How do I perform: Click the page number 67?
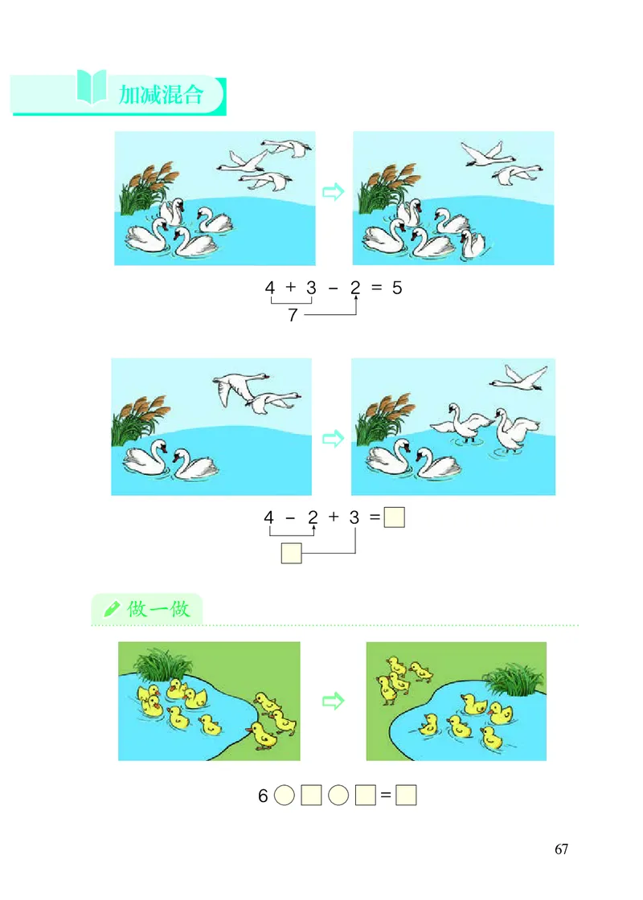(561, 849)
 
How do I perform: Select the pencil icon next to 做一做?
(111, 609)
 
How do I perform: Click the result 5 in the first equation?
(397, 287)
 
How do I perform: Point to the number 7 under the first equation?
(293, 316)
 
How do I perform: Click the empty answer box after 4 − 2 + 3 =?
(394, 518)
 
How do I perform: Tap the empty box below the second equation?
(292, 554)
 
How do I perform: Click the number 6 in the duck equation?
(263, 796)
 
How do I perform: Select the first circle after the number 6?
(285, 796)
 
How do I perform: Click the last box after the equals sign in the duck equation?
(407, 796)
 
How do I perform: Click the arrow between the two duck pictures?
(332, 702)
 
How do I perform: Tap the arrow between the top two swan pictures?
(333, 191)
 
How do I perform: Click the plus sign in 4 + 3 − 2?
(290, 287)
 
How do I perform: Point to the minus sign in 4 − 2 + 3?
(290, 518)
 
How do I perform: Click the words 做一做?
(158, 609)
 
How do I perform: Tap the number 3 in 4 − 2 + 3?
(354, 518)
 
